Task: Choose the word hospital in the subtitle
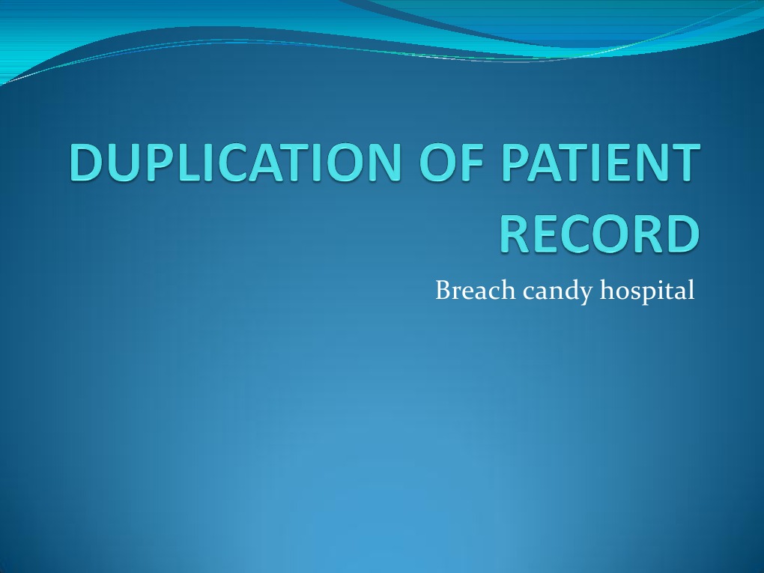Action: click(x=647, y=291)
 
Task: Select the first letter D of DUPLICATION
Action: click(x=88, y=164)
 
